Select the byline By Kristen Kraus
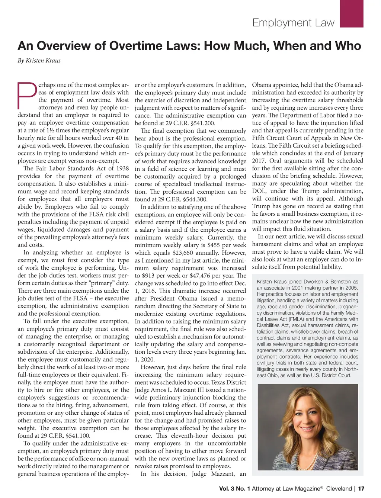tap(39, 61)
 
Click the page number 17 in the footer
tap(361, 488)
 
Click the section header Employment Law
tap(293, 23)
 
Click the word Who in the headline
tap(348, 46)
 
